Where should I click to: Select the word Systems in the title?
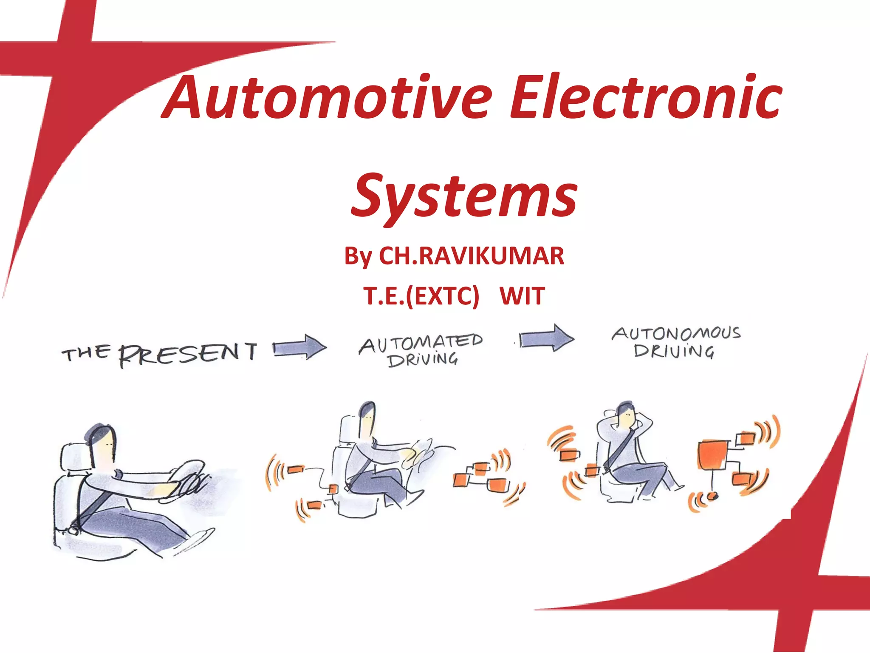click(x=464, y=196)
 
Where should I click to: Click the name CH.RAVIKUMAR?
click(x=472, y=256)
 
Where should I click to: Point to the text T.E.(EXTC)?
click(x=421, y=296)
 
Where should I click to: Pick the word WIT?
click(x=522, y=296)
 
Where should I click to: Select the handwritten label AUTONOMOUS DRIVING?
click(x=675, y=341)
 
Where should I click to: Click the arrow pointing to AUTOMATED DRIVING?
click(x=300, y=347)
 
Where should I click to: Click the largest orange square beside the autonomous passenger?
click(x=713, y=455)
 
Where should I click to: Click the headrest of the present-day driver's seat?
click(x=74, y=457)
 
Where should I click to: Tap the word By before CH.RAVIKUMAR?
click(x=358, y=257)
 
